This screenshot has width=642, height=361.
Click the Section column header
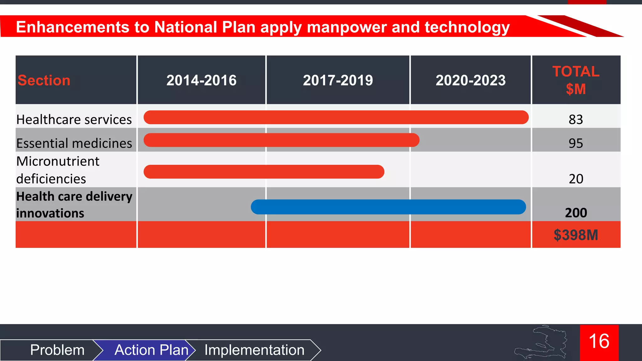coord(44,81)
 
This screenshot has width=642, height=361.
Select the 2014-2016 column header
coord(201,81)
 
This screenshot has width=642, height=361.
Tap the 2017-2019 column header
coord(338,81)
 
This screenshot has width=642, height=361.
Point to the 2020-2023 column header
coord(471,81)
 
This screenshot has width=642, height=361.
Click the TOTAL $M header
coord(576,80)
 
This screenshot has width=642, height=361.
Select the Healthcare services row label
coord(74,120)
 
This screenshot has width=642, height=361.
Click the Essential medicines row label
coord(74,143)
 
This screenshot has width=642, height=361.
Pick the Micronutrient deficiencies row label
coord(58,170)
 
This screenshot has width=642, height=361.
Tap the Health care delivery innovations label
coord(74,205)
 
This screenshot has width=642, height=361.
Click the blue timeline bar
coord(388,207)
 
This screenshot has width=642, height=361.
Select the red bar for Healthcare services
coord(336,117)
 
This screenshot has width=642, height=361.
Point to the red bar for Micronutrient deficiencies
coord(264,172)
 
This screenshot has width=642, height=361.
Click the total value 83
coord(576,120)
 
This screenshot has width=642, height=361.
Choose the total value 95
coord(576,144)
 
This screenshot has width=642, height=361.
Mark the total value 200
coord(576,213)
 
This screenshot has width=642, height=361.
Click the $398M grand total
coord(576,235)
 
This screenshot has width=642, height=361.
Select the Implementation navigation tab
coord(254,350)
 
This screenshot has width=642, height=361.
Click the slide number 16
coord(599,342)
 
